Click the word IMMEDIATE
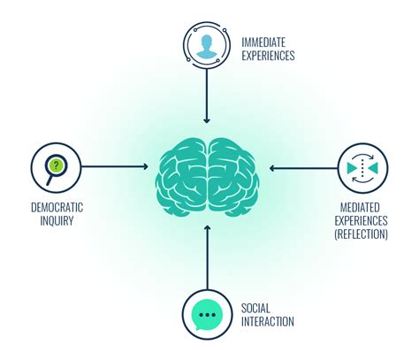263,42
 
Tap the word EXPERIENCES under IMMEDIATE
268,56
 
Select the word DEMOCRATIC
57,208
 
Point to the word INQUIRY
57,220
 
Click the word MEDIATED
360,208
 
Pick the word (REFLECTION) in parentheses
361,234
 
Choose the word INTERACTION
268,321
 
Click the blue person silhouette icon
206,46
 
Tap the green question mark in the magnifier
57,165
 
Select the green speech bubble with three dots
207,315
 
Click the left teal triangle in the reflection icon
352,168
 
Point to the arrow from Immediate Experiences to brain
207,96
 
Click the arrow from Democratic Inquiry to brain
114,167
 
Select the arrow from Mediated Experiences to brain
303,168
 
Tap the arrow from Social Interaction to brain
208,257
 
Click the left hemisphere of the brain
181,177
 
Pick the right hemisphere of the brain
233,177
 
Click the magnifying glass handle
50,180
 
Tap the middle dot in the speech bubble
207,315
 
